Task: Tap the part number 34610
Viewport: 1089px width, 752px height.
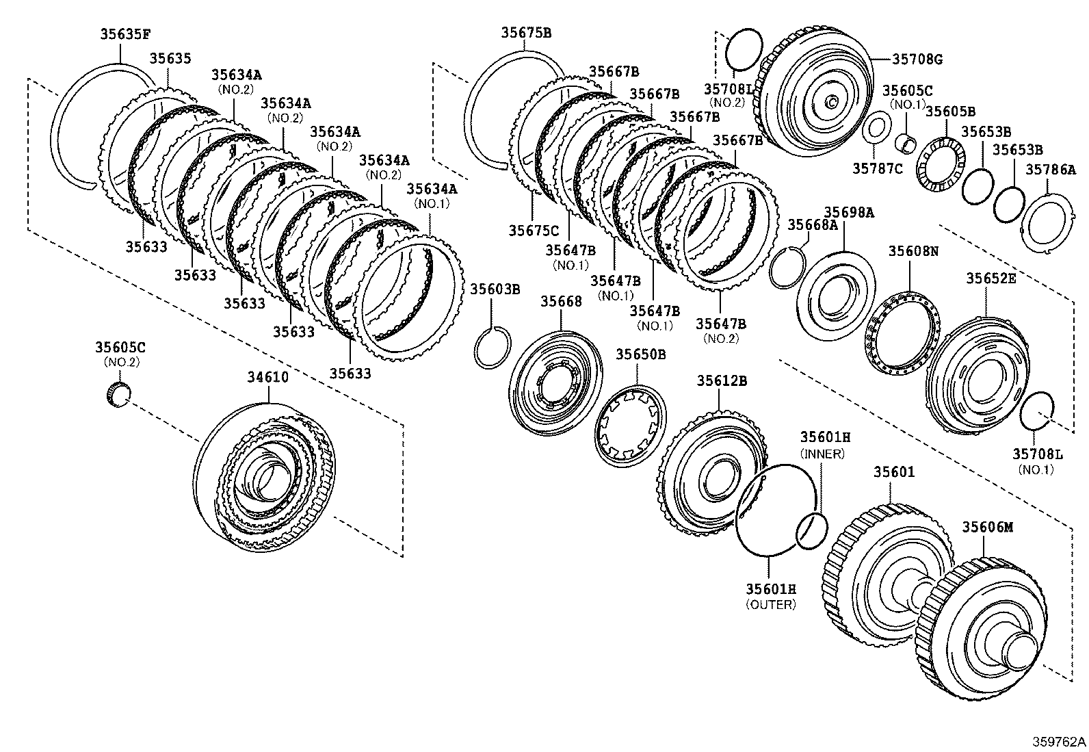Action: tap(267, 377)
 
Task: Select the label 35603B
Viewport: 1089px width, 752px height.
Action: tap(495, 289)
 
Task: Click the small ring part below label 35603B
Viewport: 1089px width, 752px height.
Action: tap(492, 347)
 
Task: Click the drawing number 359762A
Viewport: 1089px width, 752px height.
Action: tap(1060, 742)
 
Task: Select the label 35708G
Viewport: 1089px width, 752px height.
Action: tap(917, 60)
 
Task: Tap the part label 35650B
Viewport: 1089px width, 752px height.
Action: tap(640, 354)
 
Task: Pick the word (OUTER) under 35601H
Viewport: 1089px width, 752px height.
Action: tap(771, 605)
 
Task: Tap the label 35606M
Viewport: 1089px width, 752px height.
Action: tap(987, 527)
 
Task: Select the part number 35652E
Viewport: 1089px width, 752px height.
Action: tap(990, 278)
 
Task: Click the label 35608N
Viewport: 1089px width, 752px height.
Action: tap(913, 251)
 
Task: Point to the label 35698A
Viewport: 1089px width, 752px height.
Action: tap(848, 213)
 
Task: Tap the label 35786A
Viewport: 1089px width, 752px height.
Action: tap(1050, 170)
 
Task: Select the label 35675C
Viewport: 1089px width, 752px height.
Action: tap(533, 231)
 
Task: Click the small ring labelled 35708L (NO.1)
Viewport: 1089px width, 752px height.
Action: tap(1036, 411)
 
